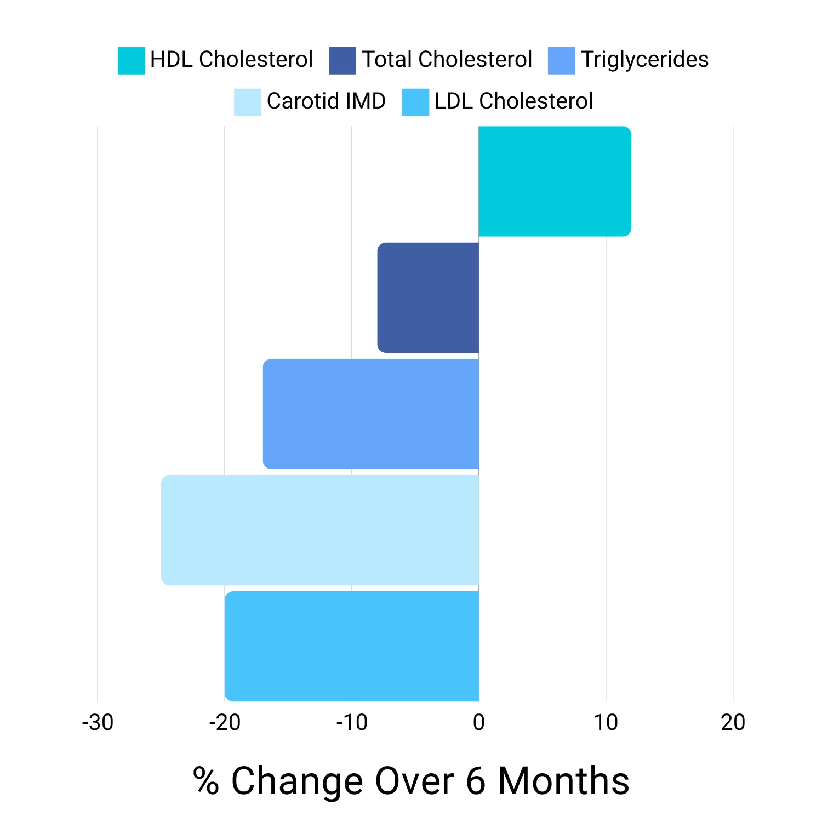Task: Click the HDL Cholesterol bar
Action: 555,181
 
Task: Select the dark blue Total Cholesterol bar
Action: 428,298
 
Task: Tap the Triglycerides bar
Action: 371,414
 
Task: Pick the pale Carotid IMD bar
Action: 320,530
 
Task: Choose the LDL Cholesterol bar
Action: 352,646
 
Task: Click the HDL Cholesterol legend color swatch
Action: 132,60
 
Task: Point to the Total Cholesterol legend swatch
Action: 342,60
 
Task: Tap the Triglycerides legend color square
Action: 562,60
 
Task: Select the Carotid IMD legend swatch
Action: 248,102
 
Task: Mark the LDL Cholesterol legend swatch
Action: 415,102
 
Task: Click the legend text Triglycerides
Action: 645,60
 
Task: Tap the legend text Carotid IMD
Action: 326,101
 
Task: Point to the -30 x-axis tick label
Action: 98,723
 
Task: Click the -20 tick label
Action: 225,723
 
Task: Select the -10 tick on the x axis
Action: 352,723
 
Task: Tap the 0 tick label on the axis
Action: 479,723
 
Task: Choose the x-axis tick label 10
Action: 606,723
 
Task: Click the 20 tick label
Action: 733,723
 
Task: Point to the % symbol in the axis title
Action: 206,781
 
